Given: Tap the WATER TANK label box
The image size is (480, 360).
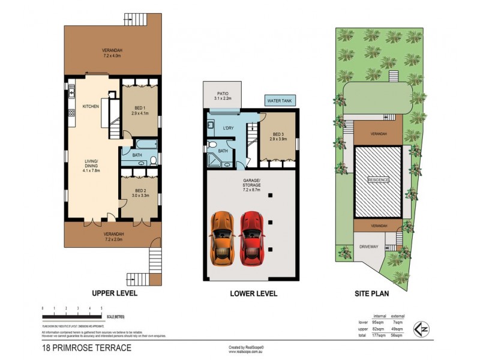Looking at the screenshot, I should (279, 101).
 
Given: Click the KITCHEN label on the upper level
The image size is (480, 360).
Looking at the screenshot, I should (91, 106).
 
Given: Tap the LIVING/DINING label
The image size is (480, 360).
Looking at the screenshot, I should (91, 163).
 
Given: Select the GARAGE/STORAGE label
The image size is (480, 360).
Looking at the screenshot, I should (252, 182).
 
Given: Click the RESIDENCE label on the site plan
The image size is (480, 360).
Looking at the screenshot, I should (378, 180).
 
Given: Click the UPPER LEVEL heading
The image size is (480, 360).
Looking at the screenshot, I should (114, 293).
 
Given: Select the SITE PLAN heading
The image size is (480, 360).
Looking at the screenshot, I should (373, 293).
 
